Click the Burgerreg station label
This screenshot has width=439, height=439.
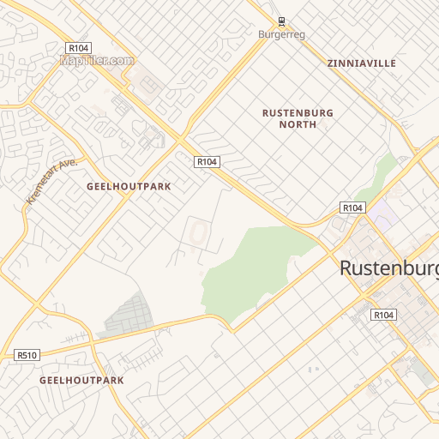[281, 34]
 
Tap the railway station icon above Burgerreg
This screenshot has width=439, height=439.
[281, 21]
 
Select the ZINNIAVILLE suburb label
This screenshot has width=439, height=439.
[361, 63]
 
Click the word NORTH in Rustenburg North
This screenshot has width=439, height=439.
[298, 124]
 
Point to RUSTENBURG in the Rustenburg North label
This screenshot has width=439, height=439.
[298, 112]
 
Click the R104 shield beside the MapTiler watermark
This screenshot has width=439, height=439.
[78, 48]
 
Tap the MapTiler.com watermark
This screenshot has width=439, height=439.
[97, 60]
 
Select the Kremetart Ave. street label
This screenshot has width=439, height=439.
[51, 180]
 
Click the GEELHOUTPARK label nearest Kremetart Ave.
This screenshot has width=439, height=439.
[129, 186]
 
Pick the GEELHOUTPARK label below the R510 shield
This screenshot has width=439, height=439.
[81, 380]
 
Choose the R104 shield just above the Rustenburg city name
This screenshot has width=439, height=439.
[353, 208]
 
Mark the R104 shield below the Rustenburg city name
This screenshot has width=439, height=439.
[383, 316]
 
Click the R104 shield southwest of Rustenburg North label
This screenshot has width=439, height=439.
[207, 161]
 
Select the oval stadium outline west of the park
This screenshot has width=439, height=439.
[199, 232]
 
